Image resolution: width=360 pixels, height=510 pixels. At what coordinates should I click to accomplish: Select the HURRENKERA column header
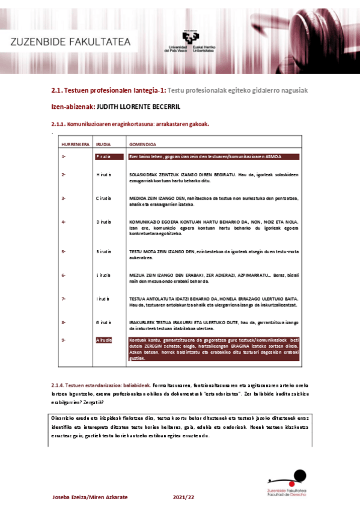point(75,145)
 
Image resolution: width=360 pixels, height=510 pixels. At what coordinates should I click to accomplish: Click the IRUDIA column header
point(103,145)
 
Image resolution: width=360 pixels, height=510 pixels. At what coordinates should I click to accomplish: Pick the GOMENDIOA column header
point(143,145)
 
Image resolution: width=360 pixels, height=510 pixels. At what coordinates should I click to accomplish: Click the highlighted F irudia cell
point(104,156)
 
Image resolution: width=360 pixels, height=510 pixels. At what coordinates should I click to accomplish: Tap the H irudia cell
point(104,174)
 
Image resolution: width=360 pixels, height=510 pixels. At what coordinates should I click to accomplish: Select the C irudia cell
point(104,198)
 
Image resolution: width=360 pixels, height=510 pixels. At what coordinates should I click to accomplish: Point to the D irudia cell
point(104,222)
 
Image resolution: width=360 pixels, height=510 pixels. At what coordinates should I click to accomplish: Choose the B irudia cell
point(104,251)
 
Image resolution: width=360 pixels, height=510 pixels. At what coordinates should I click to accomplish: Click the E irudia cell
point(104,275)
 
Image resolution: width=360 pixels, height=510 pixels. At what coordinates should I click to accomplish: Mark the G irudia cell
point(104,322)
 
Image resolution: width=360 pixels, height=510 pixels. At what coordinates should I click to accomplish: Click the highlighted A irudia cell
point(104,340)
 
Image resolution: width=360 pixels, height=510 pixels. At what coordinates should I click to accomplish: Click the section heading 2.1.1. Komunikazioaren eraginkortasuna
point(130,124)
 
